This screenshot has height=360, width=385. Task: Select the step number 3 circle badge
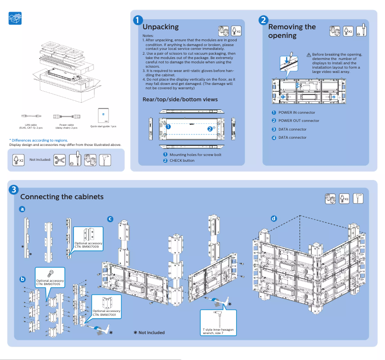(x=14, y=190)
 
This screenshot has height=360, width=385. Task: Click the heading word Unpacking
(x=160, y=27)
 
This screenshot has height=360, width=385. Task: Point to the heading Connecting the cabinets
(x=61, y=197)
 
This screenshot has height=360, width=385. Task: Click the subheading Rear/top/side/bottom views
(x=180, y=99)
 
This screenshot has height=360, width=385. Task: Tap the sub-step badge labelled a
(x=22, y=209)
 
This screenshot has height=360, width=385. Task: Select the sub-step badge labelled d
(x=274, y=218)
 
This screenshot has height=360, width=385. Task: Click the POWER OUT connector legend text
(x=299, y=121)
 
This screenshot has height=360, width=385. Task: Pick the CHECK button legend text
(x=182, y=160)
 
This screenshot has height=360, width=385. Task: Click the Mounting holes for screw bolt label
(x=195, y=155)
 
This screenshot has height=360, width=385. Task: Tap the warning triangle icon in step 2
(x=309, y=55)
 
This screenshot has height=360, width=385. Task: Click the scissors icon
(x=60, y=159)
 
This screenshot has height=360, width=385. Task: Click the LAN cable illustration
(x=31, y=116)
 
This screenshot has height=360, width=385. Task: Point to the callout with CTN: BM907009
(x=88, y=240)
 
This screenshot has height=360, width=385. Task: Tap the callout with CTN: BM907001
(x=106, y=307)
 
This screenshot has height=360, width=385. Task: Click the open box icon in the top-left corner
(x=15, y=19)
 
